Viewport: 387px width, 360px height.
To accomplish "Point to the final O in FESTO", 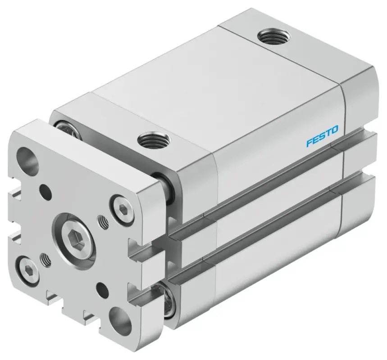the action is [335, 130].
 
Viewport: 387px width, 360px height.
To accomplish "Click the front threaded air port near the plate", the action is [151, 140].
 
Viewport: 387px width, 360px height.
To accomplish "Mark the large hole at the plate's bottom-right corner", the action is [120, 319].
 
